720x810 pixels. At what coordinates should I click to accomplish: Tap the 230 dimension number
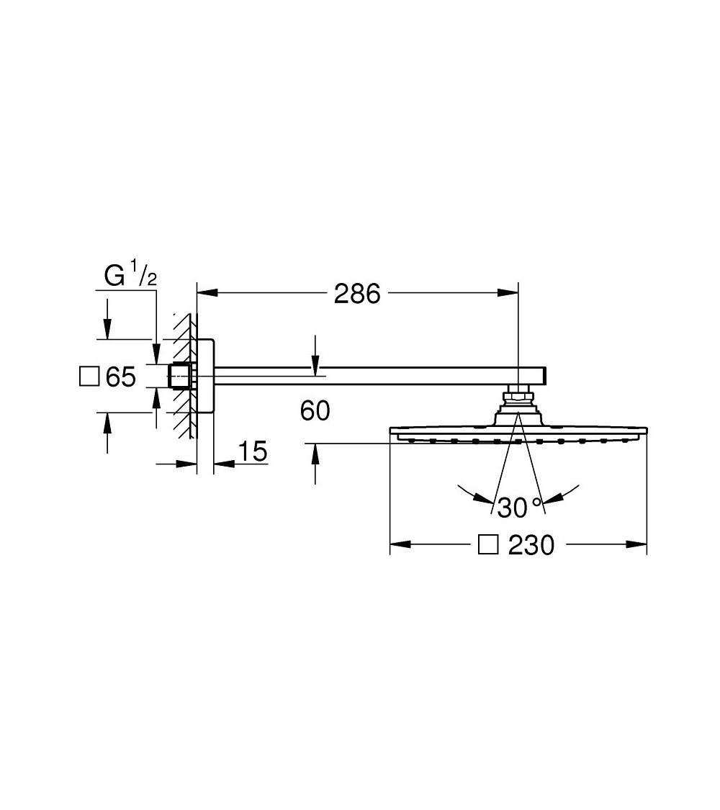(x=531, y=546)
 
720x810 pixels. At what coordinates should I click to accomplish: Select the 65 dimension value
(x=121, y=377)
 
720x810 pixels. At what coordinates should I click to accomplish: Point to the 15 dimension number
(x=251, y=452)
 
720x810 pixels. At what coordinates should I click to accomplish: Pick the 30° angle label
(x=518, y=507)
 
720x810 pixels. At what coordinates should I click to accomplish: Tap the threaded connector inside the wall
(x=179, y=376)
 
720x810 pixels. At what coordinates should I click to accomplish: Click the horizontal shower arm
(x=374, y=376)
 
